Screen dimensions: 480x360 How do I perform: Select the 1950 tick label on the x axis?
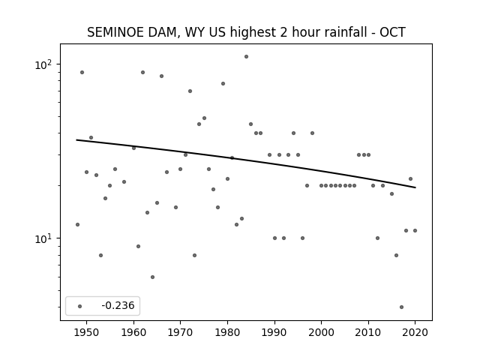coord(87,332)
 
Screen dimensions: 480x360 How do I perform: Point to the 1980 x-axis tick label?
coord(227,332)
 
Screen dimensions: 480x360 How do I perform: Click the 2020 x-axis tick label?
coord(415,332)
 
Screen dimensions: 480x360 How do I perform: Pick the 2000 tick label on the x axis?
coord(322,332)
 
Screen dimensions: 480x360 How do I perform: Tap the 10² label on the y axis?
coord(43,64)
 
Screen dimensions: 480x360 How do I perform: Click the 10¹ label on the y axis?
coord(43,238)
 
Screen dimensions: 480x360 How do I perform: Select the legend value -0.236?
coord(118,305)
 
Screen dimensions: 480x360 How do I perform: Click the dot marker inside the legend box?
coord(80,306)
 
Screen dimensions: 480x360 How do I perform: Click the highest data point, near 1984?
coord(247,57)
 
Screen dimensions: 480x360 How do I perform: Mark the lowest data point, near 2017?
coord(402,307)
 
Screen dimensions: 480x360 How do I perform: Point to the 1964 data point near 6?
coord(152,277)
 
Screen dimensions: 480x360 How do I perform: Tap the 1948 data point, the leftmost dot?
coord(77,225)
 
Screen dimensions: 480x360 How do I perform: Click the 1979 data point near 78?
coord(223,83)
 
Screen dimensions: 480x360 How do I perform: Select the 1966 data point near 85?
coord(162,76)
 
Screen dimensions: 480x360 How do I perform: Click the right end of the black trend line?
coord(415,187)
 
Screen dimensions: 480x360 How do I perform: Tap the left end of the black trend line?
coord(76,140)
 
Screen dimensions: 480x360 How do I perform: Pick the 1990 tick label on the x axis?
coord(274,332)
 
